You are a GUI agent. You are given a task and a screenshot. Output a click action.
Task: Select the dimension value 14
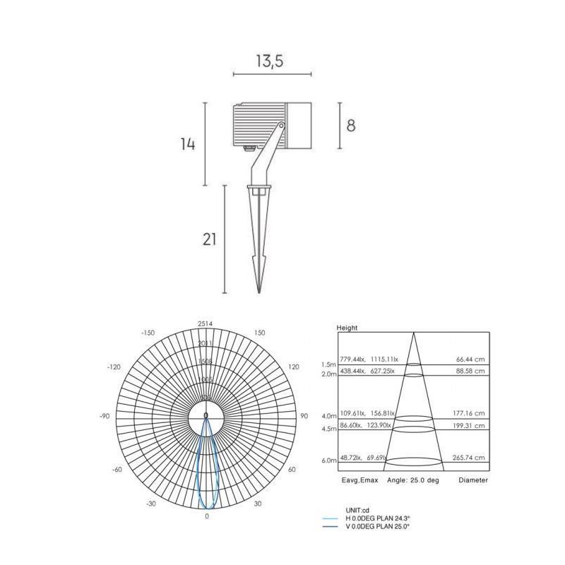[x=187, y=144]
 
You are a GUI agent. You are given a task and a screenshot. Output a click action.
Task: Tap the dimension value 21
[x=209, y=239]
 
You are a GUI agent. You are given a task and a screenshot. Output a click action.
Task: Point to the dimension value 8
[x=350, y=126]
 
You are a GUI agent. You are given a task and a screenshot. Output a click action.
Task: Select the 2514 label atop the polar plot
[x=206, y=323]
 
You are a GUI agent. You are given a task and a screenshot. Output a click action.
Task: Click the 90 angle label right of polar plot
[x=304, y=417]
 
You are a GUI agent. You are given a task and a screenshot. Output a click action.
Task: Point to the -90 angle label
[x=105, y=417]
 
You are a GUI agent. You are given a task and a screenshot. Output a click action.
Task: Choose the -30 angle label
[x=150, y=504]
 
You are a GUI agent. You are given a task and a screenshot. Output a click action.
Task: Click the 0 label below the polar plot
[x=206, y=516]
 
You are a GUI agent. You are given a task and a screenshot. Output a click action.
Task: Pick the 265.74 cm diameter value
[x=470, y=458]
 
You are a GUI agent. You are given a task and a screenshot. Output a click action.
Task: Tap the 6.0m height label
[x=328, y=460]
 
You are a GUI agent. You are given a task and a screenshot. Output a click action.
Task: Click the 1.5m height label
[x=328, y=364]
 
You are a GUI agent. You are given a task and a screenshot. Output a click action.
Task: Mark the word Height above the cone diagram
[x=347, y=328]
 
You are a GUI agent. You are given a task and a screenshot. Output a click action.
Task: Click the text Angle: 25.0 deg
[x=414, y=480]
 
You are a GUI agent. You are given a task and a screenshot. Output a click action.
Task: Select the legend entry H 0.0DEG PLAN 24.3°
[x=377, y=518]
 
